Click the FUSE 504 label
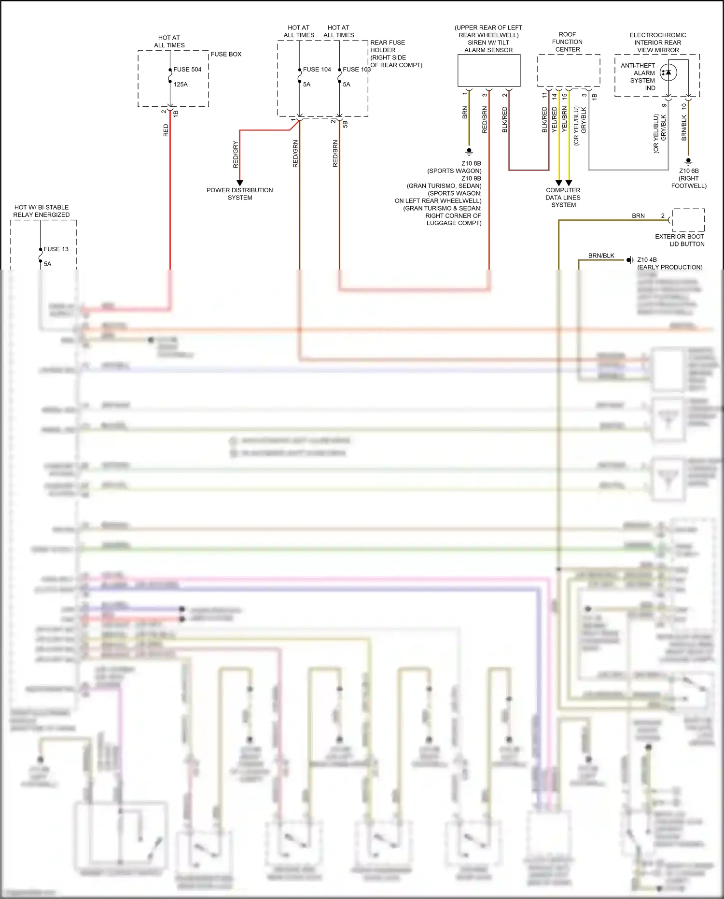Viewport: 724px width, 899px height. tap(187, 70)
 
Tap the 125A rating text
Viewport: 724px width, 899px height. tap(181, 85)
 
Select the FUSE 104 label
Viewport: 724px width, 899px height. tap(317, 70)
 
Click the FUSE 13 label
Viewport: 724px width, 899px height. tap(56, 249)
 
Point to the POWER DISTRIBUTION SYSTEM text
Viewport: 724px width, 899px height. tap(240, 194)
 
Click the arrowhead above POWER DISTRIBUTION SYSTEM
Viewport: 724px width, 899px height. tap(240, 183)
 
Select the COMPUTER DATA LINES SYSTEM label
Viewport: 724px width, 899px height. tap(563, 198)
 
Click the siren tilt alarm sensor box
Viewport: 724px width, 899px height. tap(488, 71)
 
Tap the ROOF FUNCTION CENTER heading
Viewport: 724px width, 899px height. tap(568, 42)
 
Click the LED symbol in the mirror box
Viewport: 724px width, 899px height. tap(668, 72)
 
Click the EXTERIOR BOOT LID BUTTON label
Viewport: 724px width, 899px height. tap(680, 240)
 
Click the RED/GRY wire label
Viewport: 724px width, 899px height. tap(236, 155)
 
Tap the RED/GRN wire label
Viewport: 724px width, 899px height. tap(295, 154)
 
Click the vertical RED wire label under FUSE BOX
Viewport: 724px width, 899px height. tap(166, 130)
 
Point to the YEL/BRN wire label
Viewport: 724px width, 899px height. tap(565, 120)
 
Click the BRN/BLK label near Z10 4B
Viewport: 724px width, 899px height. tap(601, 256)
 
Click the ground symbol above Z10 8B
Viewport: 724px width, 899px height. tap(469, 151)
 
